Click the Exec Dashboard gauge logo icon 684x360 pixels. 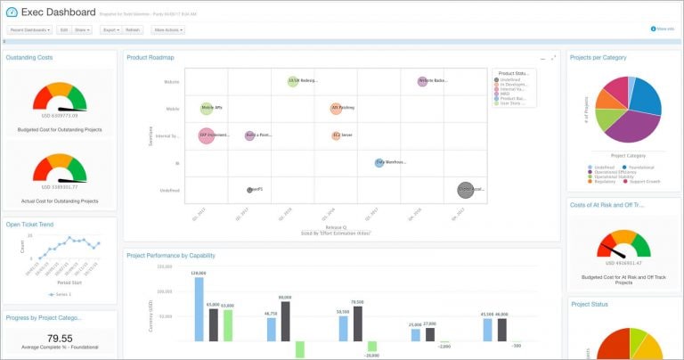[x=12, y=12]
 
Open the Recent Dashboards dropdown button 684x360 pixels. [x=29, y=29]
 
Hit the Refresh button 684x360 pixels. [x=132, y=29]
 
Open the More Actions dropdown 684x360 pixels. [x=167, y=29]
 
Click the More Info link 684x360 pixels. [x=664, y=29]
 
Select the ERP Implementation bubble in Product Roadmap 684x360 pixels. [x=206, y=135]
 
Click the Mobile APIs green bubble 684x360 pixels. [x=207, y=109]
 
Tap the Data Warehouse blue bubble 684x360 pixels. [x=380, y=163]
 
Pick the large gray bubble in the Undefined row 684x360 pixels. [x=466, y=189]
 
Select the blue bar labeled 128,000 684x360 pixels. [x=199, y=309]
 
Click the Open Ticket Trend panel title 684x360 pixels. [x=29, y=225]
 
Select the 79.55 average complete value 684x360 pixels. [x=59, y=338]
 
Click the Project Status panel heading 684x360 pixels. [x=589, y=304]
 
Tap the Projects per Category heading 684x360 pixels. [x=598, y=57]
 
